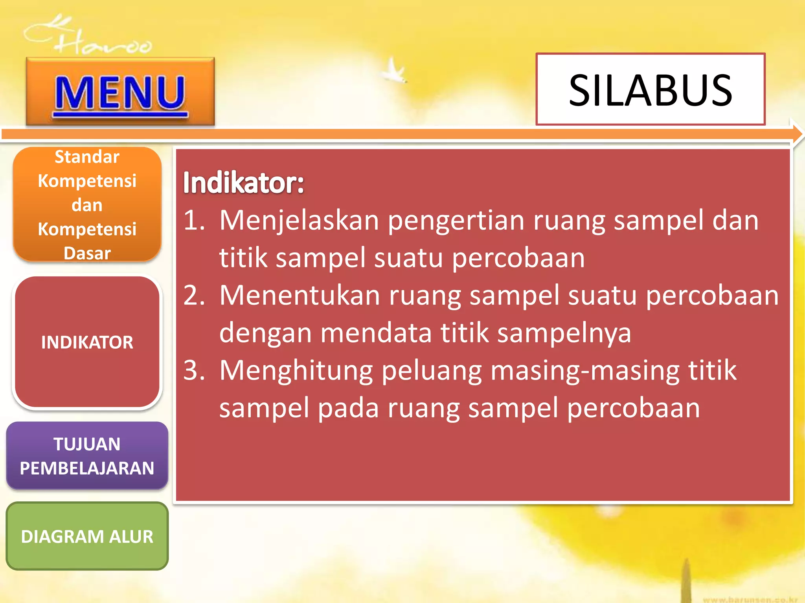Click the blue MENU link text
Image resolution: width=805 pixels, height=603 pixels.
[120, 93]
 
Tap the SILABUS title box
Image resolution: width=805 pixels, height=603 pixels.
[650, 90]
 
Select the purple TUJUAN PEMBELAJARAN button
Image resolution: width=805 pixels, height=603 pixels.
[87, 456]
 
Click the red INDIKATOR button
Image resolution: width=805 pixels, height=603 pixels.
[87, 342]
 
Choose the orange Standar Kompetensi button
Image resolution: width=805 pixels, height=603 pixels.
[87, 204]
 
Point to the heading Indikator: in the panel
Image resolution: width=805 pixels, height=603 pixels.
[243, 183]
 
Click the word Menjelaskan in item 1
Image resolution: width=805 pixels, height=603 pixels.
[299, 221]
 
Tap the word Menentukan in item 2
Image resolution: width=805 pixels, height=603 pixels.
[300, 295]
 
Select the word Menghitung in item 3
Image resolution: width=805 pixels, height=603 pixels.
[296, 371]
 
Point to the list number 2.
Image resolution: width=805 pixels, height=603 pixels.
[194, 295]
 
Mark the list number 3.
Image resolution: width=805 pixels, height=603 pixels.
[194, 370]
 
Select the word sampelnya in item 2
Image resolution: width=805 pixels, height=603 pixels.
[564, 333]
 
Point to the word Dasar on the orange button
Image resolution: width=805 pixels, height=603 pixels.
[87, 254]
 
